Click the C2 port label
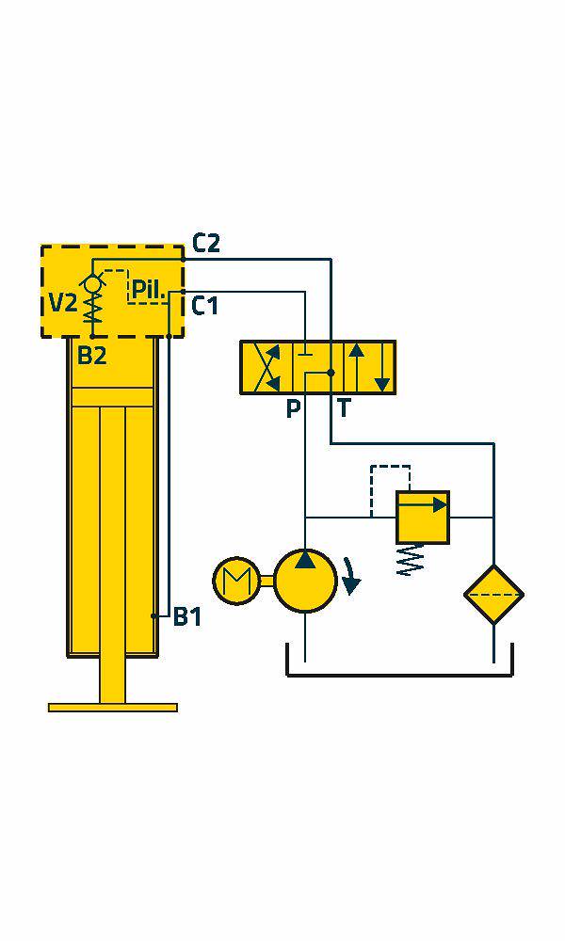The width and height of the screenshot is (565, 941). click(x=206, y=243)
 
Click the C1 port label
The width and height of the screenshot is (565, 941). click(x=204, y=306)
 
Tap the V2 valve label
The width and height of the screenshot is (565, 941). click(x=63, y=304)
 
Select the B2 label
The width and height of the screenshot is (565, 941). click(x=92, y=356)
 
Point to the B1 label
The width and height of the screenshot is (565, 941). click(x=187, y=617)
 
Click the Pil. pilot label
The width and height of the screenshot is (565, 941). click(x=148, y=290)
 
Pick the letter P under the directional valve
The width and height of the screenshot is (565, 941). click(x=293, y=408)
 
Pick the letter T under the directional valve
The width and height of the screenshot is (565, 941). click(x=343, y=408)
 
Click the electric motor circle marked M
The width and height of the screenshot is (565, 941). click(x=236, y=581)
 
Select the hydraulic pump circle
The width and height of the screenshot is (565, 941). click(x=306, y=581)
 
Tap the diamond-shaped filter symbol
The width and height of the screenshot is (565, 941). click(x=493, y=595)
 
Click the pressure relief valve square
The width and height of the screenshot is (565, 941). click(x=423, y=518)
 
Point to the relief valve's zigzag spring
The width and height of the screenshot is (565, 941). click(x=411, y=560)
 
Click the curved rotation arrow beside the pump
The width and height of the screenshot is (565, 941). click(x=351, y=576)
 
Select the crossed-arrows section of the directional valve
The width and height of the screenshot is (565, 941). click(x=266, y=367)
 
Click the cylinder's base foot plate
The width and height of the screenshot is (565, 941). click(x=113, y=707)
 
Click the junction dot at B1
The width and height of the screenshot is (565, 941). click(x=154, y=616)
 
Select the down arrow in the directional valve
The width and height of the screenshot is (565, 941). click(x=381, y=367)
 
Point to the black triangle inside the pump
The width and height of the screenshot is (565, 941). click(x=306, y=559)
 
